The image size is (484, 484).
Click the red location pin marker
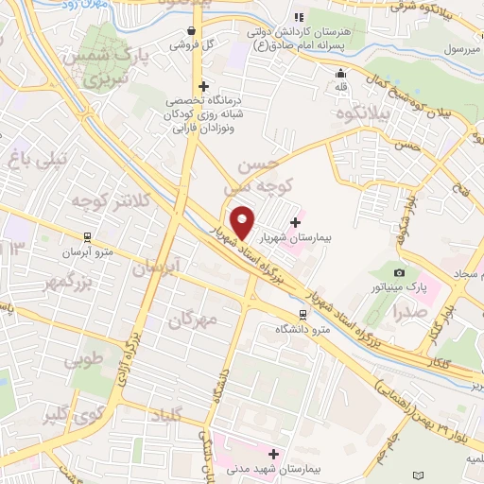coord(244,223)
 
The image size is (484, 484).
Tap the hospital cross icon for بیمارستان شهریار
coord(296,223)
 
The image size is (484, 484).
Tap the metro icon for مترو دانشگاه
coord(302,315)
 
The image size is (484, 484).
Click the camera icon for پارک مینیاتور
coord(398,272)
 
